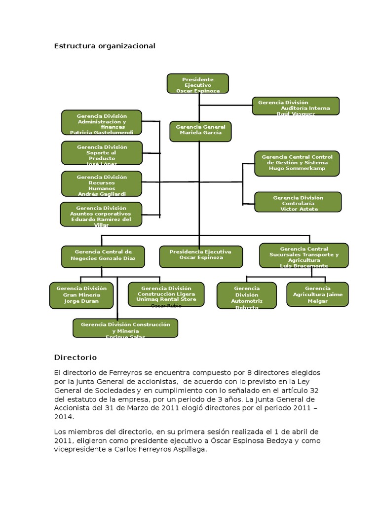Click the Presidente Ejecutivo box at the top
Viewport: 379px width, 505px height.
coord(198,83)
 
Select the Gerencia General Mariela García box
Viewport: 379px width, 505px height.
coord(200,131)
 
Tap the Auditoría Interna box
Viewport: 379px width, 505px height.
coord(296,106)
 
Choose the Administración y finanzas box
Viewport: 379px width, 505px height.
coord(102,122)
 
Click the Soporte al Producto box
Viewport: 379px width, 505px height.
coord(102,153)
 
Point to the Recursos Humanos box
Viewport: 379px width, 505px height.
coord(102,183)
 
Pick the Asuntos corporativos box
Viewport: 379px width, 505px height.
coord(101,214)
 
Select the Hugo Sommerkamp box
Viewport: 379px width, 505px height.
coord(297,163)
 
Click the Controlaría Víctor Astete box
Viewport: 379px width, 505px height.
coord(298,202)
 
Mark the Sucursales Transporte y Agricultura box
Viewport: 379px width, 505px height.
coord(304,255)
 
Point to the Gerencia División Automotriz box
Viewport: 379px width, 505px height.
coord(247,295)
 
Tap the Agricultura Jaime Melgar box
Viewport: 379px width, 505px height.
coord(317,294)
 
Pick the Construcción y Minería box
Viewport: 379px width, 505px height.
coord(125,328)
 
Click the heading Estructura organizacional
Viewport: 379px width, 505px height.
coord(105,46)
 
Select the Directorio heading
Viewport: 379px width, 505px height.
coord(76,357)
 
